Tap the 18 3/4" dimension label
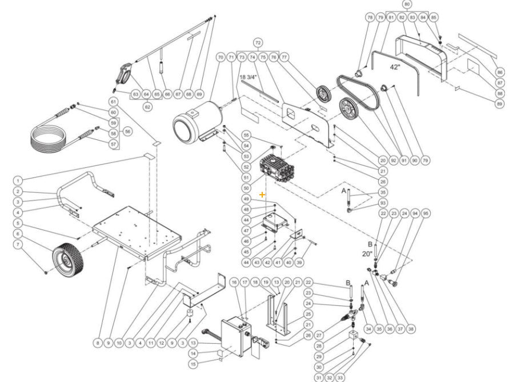[x=249, y=77]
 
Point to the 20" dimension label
[x=366, y=254]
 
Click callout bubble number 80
[x=407, y=4]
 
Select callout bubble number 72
[x=258, y=43]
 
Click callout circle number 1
[x=18, y=180]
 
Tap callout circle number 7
[x=18, y=244]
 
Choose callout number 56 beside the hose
[x=127, y=131]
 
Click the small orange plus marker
[x=262, y=195]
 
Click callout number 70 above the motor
[x=221, y=58]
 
